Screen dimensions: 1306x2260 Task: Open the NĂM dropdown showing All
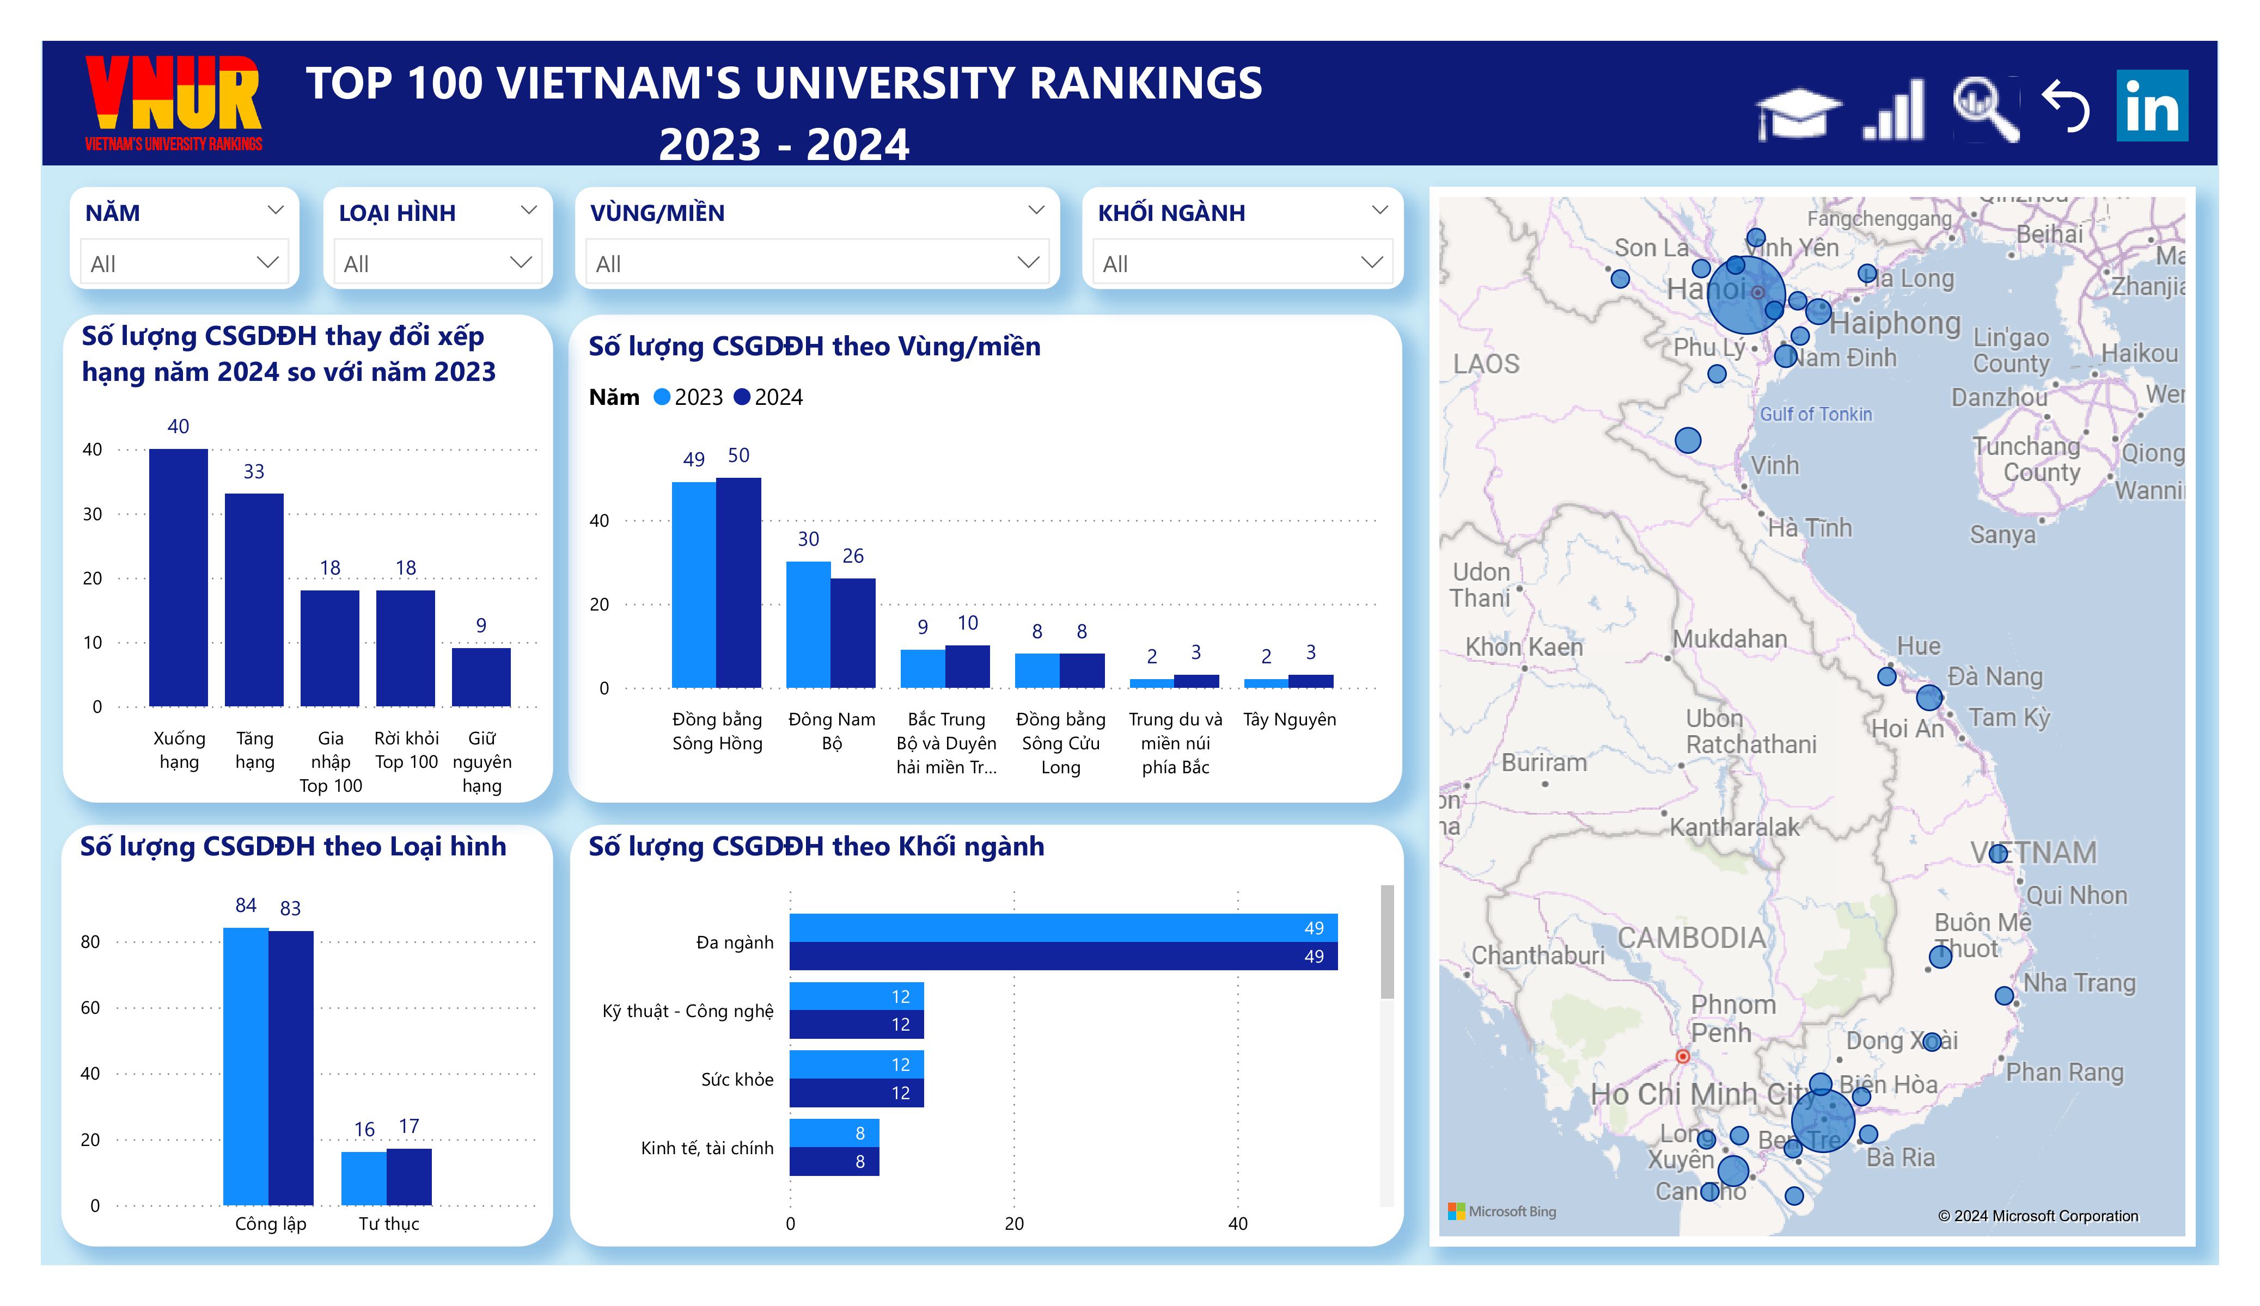[184, 263]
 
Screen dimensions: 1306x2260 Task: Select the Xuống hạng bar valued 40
[179, 577]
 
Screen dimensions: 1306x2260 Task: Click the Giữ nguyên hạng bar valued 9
[481, 677]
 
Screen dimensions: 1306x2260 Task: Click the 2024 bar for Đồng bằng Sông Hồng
[738, 583]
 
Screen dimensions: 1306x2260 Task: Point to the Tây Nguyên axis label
[1288, 719]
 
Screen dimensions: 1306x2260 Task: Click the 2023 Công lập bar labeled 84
[246, 1066]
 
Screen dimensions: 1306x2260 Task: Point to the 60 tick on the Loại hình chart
[90, 1007]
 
